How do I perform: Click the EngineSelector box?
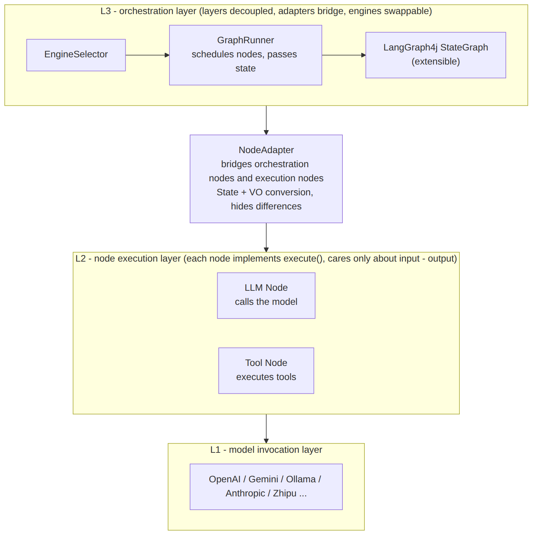click(x=76, y=55)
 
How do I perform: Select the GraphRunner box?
click(x=246, y=55)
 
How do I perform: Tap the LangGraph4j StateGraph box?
click(x=436, y=55)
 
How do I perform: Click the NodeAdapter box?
click(x=266, y=179)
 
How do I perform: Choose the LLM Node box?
click(x=266, y=296)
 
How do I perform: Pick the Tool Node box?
click(x=266, y=371)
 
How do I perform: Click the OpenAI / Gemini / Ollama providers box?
click(x=266, y=487)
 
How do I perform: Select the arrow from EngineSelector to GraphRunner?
click(x=148, y=55)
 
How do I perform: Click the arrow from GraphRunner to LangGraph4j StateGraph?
click(x=344, y=55)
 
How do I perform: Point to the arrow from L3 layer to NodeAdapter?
click(x=266, y=120)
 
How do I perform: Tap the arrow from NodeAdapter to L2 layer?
click(x=266, y=238)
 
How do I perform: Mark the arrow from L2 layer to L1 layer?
click(x=266, y=429)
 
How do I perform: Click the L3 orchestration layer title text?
click(x=266, y=11)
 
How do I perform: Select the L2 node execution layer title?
click(x=266, y=258)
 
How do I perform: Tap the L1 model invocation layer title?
click(x=266, y=450)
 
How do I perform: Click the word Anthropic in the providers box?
click(x=245, y=493)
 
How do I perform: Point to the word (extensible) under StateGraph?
click(x=436, y=61)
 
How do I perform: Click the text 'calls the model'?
click(x=266, y=302)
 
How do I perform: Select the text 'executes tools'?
click(x=266, y=377)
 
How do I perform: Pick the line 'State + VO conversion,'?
click(x=265, y=192)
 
